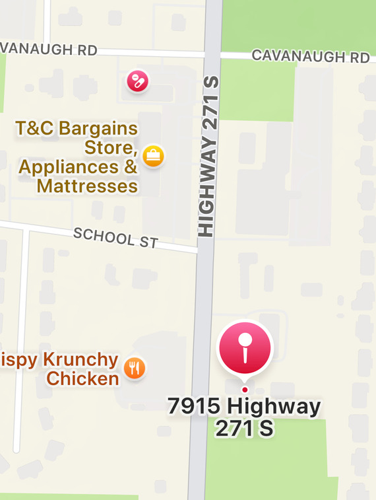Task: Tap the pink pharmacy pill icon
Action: coord(137,81)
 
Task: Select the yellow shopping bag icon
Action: coord(153,156)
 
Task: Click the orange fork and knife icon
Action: coord(135,368)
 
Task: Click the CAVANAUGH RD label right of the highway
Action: coord(310,57)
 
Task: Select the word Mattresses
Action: coord(87,186)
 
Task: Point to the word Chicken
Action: coord(82,378)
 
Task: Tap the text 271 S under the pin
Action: coord(243,429)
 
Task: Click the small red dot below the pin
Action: coord(245,390)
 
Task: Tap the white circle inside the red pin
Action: coord(245,340)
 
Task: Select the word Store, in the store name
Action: coord(111,147)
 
